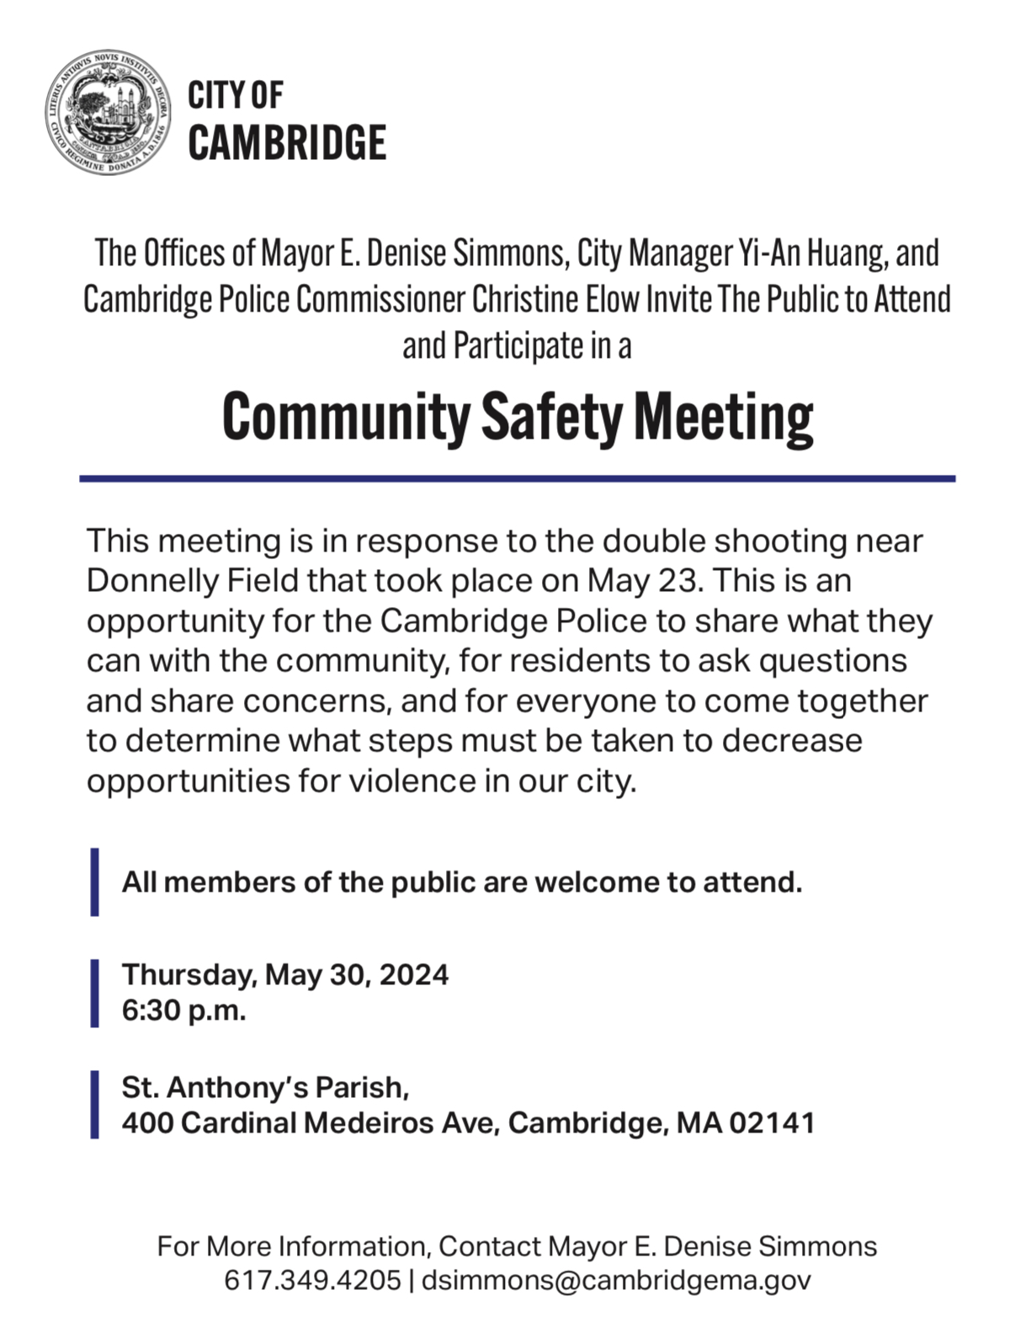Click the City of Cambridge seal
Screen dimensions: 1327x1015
pyautogui.click(x=109, y=112)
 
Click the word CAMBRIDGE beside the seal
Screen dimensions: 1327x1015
pyautogui.click(x=287, y=142)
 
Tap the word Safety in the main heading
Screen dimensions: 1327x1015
pyautogui.click(x=552, y=418)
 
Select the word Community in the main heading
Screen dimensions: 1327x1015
pyautogui.click(x=346, y=418)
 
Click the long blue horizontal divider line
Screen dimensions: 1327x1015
pyautogui.click(x=517, y=478)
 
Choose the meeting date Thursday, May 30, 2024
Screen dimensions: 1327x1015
pyautogui.click(x=285, y=974)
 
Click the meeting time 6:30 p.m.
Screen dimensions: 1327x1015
pyautogui.click(x=184, y=1010)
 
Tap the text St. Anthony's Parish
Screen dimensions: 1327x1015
pyautogui.click(x=265, y=1087)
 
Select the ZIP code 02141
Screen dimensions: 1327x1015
pyautogui.click(x=773, y=1122)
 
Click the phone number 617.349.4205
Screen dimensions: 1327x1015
pyautogui.click(x=312, y=1280)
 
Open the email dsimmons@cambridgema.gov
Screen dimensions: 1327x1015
pyautogui.click(x=616, y=1280)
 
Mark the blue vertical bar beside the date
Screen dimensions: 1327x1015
pyautogui.click(x=95, y=993)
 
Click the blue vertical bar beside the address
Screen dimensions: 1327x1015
pyautogui.click(x=95, y=1105)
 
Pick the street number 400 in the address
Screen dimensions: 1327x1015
pyautogui.click(x=147, y=1122)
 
